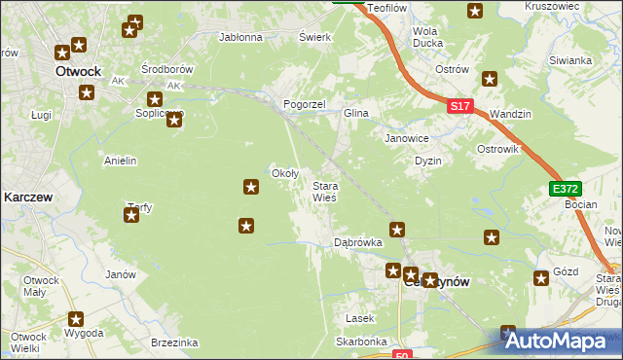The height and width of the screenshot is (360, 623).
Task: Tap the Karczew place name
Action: click(27, 196)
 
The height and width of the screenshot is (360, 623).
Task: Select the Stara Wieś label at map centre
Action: click(324, 191)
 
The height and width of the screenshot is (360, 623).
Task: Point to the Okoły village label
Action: click(283, 173)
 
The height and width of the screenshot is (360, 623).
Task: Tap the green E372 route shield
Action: click(564, 189)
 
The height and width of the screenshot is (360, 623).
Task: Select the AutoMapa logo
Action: click(561, 341)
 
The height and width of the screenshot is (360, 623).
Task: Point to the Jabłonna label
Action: click(241, 38)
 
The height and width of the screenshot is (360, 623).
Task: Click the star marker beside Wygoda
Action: click(76, 318)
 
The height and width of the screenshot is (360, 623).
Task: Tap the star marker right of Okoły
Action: click(251, 185)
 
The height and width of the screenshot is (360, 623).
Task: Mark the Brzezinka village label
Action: click(175, 342)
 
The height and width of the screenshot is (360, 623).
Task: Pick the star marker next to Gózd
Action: click(541, 279)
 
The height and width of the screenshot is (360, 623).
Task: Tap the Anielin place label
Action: click(120, 160)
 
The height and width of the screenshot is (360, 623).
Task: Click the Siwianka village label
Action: click(570, 60)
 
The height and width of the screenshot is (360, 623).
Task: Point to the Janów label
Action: click(120, 274)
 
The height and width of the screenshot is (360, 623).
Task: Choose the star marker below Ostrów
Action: click(490, 79)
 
